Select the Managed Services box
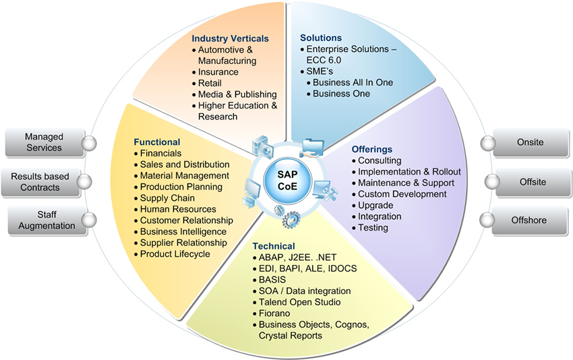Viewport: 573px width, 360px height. point(43,142)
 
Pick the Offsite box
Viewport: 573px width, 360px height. point(529,181)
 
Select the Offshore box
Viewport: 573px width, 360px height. point(529,220)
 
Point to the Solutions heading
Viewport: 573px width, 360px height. point(320,38)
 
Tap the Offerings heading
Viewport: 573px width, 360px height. point(371,149)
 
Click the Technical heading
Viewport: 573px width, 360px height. point(273,245)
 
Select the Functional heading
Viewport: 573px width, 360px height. point(156,142)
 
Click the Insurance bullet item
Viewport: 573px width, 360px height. point(218,72)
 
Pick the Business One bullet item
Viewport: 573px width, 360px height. point(342,94)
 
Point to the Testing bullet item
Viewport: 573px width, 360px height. point(373,227)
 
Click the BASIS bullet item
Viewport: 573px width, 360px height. point(273,279)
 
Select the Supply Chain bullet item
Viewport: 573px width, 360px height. point(167,198)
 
